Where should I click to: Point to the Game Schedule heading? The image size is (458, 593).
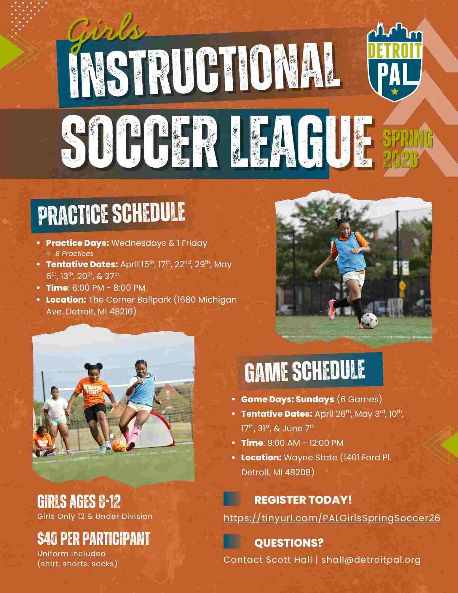(305, 371)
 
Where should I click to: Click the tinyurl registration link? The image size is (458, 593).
(332, 518)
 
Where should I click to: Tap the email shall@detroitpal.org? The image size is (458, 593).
(371, 559)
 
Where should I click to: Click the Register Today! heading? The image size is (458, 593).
(303, 500)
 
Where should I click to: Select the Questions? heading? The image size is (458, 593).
(289, 543)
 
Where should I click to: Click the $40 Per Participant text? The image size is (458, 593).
(94, 538)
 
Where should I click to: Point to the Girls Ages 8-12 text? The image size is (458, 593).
(79, 502)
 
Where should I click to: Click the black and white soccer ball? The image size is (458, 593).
(369, 321)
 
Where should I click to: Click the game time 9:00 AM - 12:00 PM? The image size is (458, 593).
(305, 443)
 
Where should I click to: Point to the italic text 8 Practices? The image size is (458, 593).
(74, 254)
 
